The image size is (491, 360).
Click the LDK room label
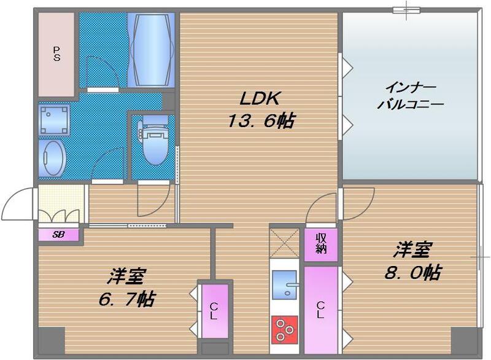(x=259, y=99)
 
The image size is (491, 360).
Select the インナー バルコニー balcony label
(x=410, y=95)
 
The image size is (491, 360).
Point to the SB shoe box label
(x=58, y=235)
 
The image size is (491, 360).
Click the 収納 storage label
(x=321, y=243)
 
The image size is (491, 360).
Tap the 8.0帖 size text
(x=413, y=272)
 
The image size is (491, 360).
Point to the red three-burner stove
(x=284, y=327)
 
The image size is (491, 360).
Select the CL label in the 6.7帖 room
(x=214, y=311)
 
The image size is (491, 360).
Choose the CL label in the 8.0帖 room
(x=321, y=309)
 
